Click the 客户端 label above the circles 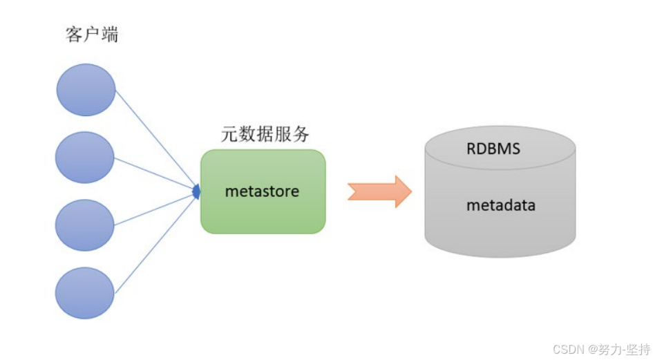92,35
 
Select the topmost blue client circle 85,90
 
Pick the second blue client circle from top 84,158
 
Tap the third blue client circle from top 84,225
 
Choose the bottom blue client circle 84,293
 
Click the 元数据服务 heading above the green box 265,134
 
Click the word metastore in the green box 262,191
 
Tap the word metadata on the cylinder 500,205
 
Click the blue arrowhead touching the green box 196,191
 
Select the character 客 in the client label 74,35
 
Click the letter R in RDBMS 471,149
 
